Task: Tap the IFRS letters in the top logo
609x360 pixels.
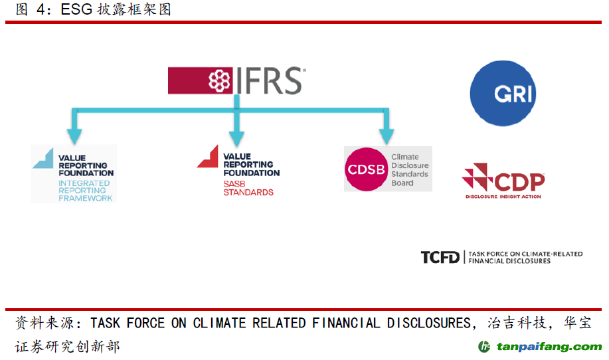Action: [268, 81]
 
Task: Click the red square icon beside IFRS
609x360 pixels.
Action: [219, 81]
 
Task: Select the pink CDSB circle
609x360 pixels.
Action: [366, 169]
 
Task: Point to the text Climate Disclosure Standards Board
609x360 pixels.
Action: [410, 170]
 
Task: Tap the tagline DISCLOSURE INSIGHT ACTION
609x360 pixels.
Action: [503, 197]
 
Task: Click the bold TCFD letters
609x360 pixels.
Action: [440, 257]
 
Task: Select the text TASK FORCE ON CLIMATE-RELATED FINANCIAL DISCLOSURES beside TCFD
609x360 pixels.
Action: [525, 257]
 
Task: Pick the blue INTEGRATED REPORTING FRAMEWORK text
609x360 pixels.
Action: [85, 190]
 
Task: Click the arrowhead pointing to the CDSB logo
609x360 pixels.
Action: [386, 135]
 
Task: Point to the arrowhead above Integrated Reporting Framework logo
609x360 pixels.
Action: [74, 136]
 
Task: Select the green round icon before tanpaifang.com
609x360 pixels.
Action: [485, 347]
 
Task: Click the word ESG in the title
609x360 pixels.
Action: [78, 10]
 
